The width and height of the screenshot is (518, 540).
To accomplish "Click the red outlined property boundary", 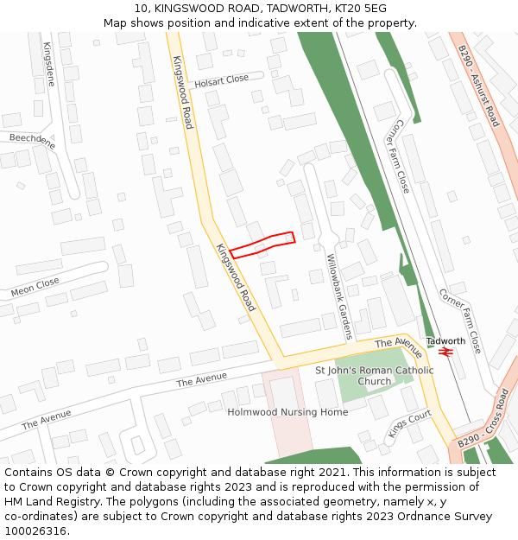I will pos(262,245).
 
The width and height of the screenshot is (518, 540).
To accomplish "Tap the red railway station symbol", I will pos(446,352).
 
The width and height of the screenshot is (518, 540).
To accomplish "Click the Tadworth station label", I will pos(445,340).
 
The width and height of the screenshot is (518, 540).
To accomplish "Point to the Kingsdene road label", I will pos(48,64).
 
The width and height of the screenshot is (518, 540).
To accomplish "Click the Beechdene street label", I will pos(32,141).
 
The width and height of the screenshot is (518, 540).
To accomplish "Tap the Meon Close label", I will pos(35,287).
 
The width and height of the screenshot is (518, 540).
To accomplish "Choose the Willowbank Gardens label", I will pos(339,295).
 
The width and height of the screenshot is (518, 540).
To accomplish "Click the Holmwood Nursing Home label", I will pos(287,412).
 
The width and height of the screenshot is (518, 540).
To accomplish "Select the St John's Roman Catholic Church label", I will pos(375,376).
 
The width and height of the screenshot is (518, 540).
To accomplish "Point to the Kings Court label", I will pos(408,424).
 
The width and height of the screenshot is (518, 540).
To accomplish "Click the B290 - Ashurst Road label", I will pos(479,86).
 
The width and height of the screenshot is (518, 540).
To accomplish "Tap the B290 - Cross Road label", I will pos(484,417).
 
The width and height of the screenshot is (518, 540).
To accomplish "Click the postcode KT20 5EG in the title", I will pos(363,9).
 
